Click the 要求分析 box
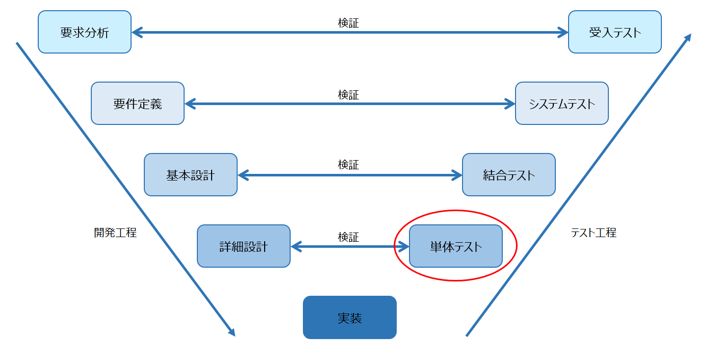[85, 32]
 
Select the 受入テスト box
[614, 32]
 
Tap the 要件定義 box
[138, 104]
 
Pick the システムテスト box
[561, 104]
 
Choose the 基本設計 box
[191, 175]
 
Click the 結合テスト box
[508, 175]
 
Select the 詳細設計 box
[244, 246]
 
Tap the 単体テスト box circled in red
[455, 246]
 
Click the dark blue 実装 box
[350, 318]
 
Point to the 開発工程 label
[115, 233]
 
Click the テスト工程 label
[594, 233]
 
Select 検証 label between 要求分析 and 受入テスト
[348, 23]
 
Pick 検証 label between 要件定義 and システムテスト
[348, 95]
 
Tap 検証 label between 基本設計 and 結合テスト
[348, 165]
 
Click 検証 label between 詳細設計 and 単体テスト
[348, 237]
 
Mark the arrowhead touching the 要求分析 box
[137, 32]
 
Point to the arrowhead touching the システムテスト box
[510, 104]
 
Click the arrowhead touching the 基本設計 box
[243, 175]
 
